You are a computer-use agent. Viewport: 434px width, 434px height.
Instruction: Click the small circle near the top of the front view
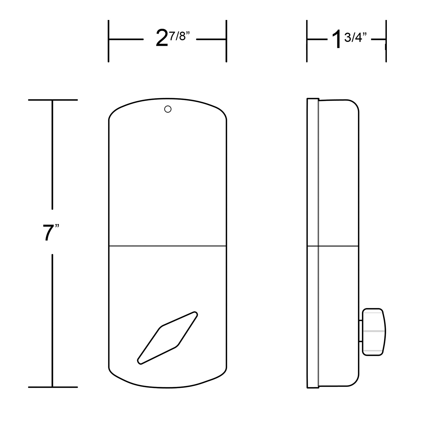[168, 109]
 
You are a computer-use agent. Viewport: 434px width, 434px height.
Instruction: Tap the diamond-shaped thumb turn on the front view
[168, 338]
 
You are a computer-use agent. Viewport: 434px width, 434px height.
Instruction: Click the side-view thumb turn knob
[374, 332]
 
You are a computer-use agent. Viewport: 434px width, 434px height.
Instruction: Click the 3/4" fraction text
[354, 38]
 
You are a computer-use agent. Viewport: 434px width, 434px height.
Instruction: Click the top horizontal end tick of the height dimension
[53, 100]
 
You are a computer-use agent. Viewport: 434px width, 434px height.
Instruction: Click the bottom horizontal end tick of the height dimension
[53, 387]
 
